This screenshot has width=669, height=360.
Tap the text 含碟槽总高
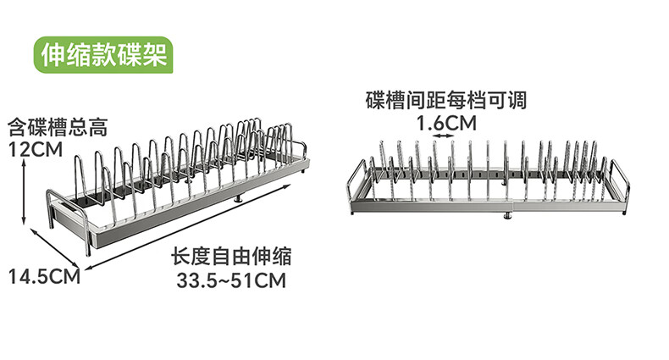[x=58, y=129]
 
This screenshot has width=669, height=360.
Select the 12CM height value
[x=36, y=150]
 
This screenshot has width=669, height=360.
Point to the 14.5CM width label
[x=44, y=276]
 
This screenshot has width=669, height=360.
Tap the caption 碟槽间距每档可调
[x=446, y=101]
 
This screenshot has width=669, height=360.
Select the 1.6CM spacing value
[x=446, y=124]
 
